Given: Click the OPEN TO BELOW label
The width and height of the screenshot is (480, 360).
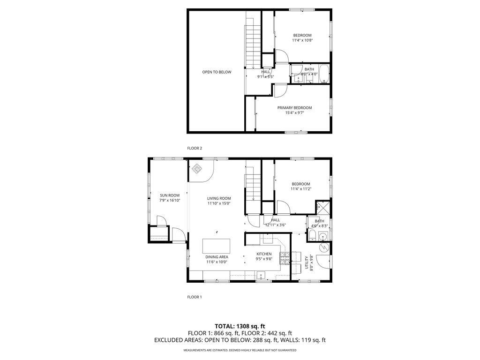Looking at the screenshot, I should point(217,72).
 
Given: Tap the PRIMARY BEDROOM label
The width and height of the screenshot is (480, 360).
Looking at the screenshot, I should point(294,108).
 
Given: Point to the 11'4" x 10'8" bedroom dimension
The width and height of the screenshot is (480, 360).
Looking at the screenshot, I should point(302,40).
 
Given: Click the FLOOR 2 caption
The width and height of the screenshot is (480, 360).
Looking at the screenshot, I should point(195,148).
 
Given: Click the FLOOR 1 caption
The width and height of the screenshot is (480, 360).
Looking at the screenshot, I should point(195,297).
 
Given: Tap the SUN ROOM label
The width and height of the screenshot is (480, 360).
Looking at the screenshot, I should point(170,195).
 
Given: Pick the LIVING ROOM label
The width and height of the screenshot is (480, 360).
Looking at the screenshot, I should point(219,198).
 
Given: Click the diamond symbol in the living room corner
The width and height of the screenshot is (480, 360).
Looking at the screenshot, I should point(197,168).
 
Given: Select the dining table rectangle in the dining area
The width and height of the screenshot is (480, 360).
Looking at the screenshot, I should point(217,246).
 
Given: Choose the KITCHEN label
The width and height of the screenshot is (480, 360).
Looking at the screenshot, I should point(264,254).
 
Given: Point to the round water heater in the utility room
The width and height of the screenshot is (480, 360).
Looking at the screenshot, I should point(323,247).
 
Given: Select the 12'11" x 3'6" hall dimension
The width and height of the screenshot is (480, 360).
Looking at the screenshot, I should point(276,225).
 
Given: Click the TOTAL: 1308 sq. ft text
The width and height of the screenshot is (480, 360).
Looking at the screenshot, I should point(240,326).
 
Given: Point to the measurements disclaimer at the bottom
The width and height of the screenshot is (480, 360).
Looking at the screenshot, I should point(240,350).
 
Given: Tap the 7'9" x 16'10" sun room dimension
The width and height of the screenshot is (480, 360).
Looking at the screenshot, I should point(170,200).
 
